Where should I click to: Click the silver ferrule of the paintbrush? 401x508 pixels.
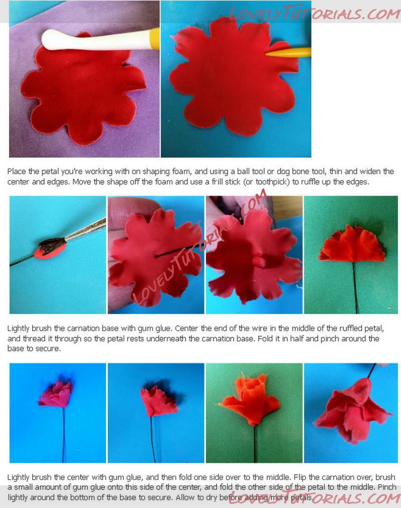tap(86, 230)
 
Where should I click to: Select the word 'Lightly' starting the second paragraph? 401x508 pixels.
tap(19, 328)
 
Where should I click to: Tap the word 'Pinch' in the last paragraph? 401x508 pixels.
tap(387, 487)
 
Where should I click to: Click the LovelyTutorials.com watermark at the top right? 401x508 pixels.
tap(314, 13)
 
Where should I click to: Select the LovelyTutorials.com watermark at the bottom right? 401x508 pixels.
tap(314, 498)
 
